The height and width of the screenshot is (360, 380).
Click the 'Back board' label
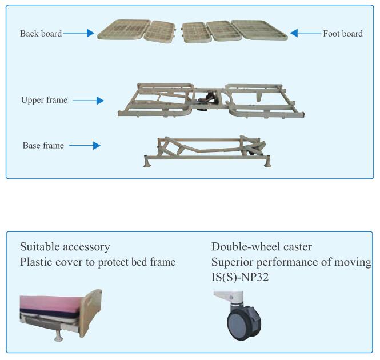click(x=41, y=34)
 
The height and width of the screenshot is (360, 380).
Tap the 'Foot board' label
click(x=342, y=34)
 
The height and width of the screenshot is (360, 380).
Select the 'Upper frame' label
click(x=44, y=100)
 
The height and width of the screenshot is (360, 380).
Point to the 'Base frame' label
click(x=43, y=146)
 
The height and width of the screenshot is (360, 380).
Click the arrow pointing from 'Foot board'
click(x=305, y=34)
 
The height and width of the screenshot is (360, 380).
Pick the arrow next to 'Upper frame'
click(x=89, y=101)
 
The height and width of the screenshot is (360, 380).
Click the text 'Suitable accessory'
click(x=65, y=247)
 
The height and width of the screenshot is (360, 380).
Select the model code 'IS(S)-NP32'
click(x=240, y=278)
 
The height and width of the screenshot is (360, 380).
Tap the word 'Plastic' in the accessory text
click(x=36, y=262)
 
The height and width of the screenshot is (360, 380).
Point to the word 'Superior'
click(x=230, y=262)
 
